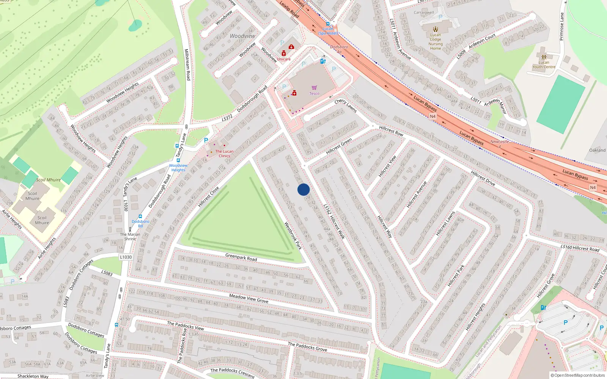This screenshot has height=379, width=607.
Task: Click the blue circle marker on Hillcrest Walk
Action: click(303, 189)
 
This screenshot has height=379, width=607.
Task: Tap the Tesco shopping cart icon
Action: click(314, 88)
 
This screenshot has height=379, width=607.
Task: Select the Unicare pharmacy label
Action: click(283, 59)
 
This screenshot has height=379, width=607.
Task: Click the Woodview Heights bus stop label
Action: click(178, 168)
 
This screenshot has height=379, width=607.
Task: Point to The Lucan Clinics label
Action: click(224, 153)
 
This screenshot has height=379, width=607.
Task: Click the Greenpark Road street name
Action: click(241, 257)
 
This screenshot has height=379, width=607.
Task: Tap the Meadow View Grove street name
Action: click(248, 298)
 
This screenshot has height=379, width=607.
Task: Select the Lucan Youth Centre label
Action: click(544, 65)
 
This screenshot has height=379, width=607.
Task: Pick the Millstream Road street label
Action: click(187, 64)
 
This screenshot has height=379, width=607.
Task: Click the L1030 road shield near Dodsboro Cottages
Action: click(126, 257)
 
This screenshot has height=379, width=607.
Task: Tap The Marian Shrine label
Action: click(130, 236)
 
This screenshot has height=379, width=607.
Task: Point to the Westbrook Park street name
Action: click(293, 235)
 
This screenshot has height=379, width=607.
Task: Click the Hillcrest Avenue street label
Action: click(417, 194)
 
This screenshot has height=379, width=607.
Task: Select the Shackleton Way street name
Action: click(33, 376)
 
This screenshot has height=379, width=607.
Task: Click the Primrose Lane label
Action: click(561, 27)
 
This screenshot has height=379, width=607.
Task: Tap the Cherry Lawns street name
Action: click(345, 105)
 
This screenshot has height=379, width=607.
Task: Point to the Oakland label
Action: click(597, 150)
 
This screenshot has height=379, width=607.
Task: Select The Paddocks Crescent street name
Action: click(232, 373)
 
